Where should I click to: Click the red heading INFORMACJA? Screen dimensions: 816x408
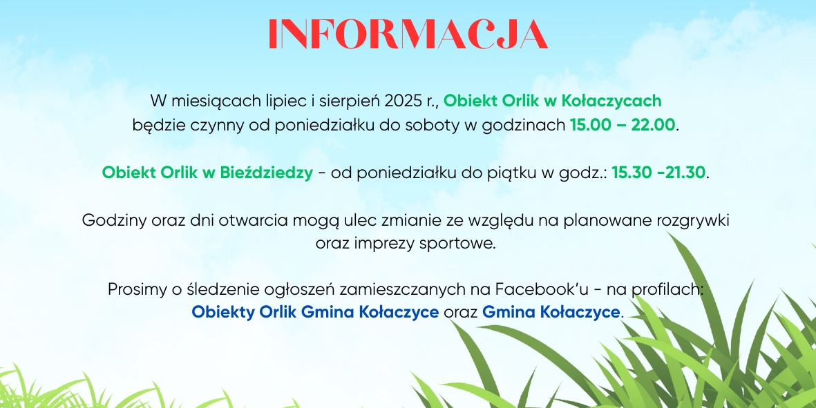tap(408, 35)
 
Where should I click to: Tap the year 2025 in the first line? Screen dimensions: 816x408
tap(401, 100)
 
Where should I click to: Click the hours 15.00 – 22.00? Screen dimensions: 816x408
tap(623, 125)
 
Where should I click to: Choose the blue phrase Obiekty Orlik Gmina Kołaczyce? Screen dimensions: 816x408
tap(315, 312)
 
